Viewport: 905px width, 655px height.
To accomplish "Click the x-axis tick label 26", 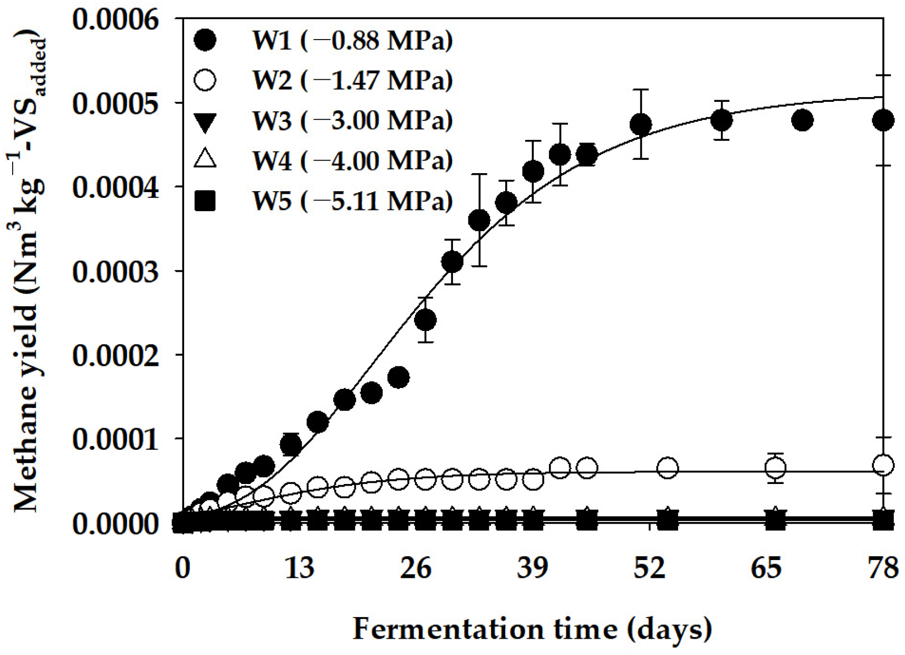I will (416, 569).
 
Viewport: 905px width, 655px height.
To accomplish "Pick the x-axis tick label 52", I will (649, 569).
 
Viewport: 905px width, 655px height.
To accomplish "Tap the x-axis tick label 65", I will (766, 569).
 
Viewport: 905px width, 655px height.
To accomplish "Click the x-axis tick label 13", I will (299, 569).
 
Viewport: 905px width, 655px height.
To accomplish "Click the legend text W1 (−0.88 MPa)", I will (352, 40).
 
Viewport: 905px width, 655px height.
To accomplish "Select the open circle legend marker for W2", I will (205, 80).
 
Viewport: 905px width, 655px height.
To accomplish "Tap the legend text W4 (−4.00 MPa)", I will (352, 160).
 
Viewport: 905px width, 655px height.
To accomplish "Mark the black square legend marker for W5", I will (205, 201).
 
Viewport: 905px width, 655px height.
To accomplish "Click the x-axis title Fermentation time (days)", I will (532, 629).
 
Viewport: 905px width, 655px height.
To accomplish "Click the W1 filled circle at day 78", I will (883, 120).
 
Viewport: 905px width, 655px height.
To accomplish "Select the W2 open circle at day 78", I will (883, 465).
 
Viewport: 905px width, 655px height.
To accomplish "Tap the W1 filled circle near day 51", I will (640, 125).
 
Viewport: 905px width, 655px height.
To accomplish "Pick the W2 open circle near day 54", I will (668, 468).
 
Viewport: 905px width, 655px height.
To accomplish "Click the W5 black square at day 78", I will (883, 522).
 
